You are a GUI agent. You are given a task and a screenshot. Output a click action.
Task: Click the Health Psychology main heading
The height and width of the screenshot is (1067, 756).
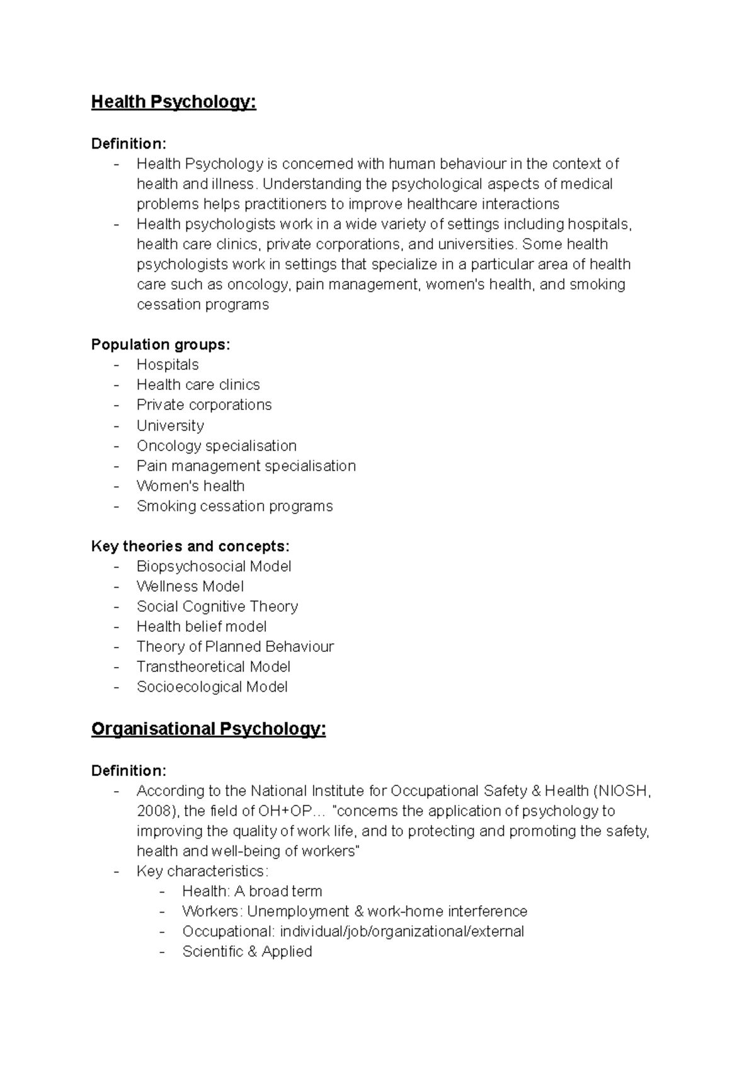[173, 102]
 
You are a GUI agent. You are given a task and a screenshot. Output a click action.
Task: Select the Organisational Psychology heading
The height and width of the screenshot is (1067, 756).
[209, 729]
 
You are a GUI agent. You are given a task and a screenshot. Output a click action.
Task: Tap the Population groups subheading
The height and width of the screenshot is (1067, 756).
[161, 345]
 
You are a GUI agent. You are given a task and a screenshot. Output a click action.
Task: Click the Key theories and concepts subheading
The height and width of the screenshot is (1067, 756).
[190, 546]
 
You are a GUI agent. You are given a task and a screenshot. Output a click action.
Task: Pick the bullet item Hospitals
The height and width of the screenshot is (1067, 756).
[168, 365]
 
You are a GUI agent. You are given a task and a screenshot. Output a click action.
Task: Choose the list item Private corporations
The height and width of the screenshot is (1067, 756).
[204, 405]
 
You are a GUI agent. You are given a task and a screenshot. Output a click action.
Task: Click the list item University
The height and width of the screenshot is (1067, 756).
[170, 426]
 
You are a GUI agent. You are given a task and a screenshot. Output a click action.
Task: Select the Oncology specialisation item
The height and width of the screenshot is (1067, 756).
[216, 446]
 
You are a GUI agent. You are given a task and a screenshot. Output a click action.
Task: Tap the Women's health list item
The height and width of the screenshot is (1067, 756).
[190, 486]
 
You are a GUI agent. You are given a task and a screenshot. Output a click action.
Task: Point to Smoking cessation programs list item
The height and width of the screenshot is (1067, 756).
[234, 506]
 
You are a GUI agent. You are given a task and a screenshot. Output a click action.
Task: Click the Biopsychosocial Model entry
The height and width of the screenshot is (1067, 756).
[214, 566]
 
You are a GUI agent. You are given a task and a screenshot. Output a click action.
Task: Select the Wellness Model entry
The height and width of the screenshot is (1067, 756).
[190, 586]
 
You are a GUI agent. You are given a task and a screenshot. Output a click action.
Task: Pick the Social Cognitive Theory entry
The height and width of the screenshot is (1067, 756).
[217, 607]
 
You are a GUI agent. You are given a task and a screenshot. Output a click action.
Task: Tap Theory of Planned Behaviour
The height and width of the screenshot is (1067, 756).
[235, 647]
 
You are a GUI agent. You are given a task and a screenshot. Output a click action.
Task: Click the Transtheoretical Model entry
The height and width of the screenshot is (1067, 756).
[214, 667]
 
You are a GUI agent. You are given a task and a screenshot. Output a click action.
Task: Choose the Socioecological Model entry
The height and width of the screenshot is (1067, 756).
[212, 687]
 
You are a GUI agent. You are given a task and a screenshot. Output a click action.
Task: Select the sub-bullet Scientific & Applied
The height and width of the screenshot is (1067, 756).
[247, 952]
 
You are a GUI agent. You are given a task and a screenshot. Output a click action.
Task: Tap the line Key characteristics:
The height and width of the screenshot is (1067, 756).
[202, 871]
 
